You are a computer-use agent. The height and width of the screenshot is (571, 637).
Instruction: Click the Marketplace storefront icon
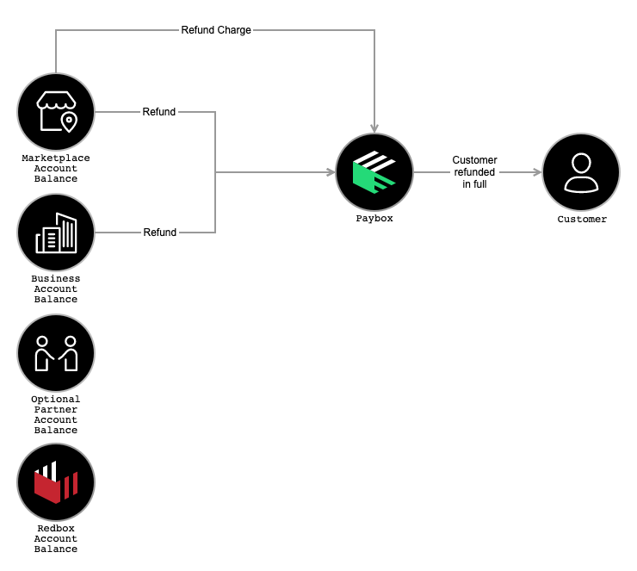[x=56, y=112]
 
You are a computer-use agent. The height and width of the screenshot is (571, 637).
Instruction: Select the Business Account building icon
[x=56, y=233]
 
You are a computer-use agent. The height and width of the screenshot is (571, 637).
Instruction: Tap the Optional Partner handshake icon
[x=56, y=353]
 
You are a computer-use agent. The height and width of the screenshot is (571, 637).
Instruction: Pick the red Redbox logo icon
[x=56, y=482]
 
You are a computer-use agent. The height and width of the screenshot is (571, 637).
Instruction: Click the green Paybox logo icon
[x=374, y=172]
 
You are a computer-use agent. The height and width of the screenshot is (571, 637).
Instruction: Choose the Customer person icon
[x=581, y=172]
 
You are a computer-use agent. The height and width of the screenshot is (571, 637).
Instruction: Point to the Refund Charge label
[x=216, y=30]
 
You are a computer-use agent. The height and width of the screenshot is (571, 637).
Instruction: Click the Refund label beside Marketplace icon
[x=159, y=112]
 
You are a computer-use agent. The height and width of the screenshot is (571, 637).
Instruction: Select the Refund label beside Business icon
[x=159, y=233]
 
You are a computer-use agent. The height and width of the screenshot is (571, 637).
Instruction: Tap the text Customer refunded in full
[x=474, y=172]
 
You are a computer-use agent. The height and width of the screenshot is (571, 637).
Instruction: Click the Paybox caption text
[x=374, y=220]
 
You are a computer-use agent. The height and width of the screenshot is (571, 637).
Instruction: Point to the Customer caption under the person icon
[x=582, y=220]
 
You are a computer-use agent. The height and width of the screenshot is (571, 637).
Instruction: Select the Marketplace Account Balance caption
[x=56, y=169]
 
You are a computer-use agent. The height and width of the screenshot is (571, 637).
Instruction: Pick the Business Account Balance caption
[x=56, y=289]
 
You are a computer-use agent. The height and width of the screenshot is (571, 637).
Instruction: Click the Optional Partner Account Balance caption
[x=56, y=415]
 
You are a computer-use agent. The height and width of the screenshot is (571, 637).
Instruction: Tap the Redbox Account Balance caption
[x=56, y=539]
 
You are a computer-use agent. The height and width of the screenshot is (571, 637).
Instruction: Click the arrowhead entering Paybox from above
[x=374, y=127]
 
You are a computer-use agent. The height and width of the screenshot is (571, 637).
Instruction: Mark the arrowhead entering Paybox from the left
[x=330, y=172]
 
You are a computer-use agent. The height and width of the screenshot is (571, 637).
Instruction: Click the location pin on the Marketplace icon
[x=68, y=123]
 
